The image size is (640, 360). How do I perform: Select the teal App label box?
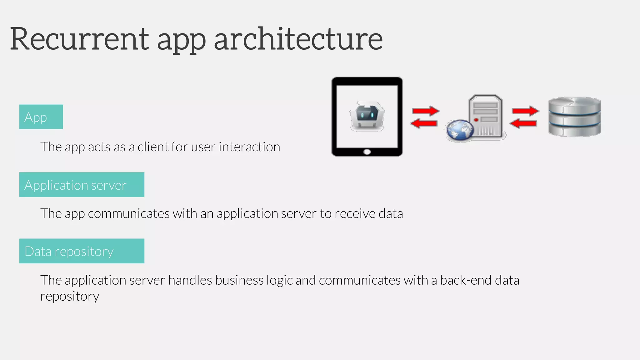point(41,117)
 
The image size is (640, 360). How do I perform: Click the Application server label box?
point(82,185)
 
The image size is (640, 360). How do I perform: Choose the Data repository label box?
point(82,251)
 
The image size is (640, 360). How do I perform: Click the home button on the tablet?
point(367,152)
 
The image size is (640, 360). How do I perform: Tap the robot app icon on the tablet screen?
point(367,116)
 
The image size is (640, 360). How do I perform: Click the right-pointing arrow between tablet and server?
point(426,111)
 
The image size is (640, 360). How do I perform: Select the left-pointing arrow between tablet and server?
point(424,123)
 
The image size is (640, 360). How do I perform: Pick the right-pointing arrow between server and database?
point(525,111)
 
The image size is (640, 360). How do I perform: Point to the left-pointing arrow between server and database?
point(523,123)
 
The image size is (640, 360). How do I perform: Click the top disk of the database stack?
point(574,105)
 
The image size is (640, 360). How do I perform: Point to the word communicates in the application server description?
point(128,214)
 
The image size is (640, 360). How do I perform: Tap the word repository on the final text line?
point(70,296)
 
